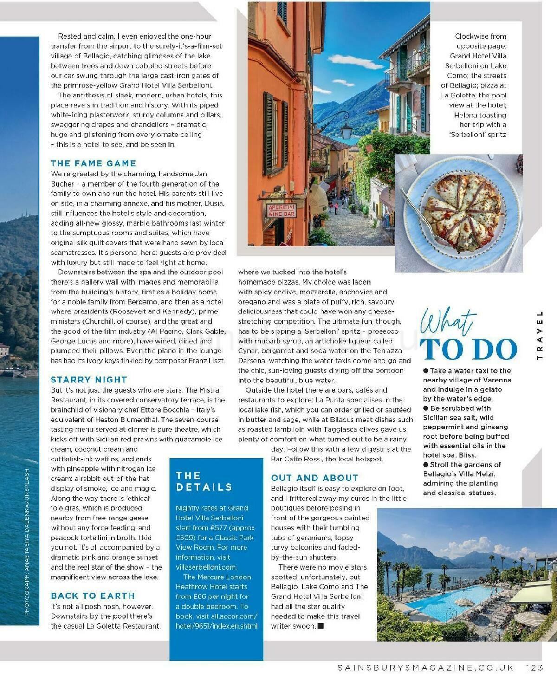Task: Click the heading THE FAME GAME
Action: [x=93, y=163]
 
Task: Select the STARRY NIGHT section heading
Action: [x=89, y=380]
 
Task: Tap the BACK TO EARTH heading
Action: [x=93, y=596]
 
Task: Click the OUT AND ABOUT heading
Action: [x=315, y=478]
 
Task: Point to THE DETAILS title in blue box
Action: [x=204, y=481]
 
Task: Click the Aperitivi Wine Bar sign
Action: [x=281, y=210]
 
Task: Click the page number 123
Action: [x=535, y=668]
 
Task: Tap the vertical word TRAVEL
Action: [x=539, y=335]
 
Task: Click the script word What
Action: [x=448, y=322]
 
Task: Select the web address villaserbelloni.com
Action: [x=206, y=567]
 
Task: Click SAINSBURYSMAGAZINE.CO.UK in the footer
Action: [x=426, y=668]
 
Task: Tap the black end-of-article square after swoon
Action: [x=320, y=626]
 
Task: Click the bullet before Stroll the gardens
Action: [x=426, y=465]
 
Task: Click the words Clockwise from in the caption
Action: [x=480, y=36]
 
